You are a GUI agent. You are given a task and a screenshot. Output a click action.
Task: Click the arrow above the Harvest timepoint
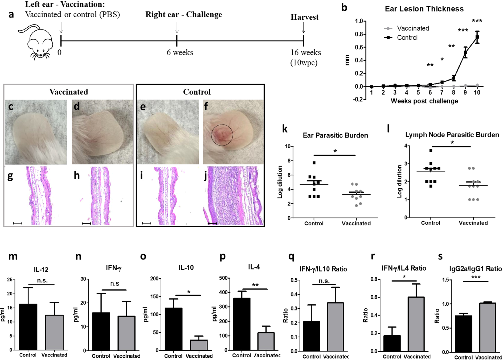point(304,28)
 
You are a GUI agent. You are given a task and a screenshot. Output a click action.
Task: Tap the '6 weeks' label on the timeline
point(180,52)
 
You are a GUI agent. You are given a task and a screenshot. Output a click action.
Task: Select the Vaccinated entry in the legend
point(413,28)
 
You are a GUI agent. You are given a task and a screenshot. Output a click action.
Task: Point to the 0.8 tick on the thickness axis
point(359,34)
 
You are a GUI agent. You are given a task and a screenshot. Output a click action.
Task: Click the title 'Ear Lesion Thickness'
point(424,9)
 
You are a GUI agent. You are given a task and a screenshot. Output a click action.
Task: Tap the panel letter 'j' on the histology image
point(205,176)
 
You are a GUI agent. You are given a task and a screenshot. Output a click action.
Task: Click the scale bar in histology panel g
point(17,223)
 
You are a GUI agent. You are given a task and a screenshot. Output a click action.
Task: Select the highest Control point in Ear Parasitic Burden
point(314,163)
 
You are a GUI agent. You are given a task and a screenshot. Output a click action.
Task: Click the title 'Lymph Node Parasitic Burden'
point(452,135)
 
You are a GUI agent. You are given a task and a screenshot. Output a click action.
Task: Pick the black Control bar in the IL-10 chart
point(174,329)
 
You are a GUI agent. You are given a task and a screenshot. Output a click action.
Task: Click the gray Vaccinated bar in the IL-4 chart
point(266,341)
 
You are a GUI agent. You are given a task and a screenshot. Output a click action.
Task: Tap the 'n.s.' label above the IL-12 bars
point(42,280)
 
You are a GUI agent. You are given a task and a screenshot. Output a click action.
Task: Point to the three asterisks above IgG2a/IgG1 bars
point(476,277)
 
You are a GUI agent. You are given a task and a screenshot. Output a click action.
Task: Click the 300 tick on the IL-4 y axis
point(223,307)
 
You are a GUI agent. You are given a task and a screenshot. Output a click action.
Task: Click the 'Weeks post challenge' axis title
point(424,101)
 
